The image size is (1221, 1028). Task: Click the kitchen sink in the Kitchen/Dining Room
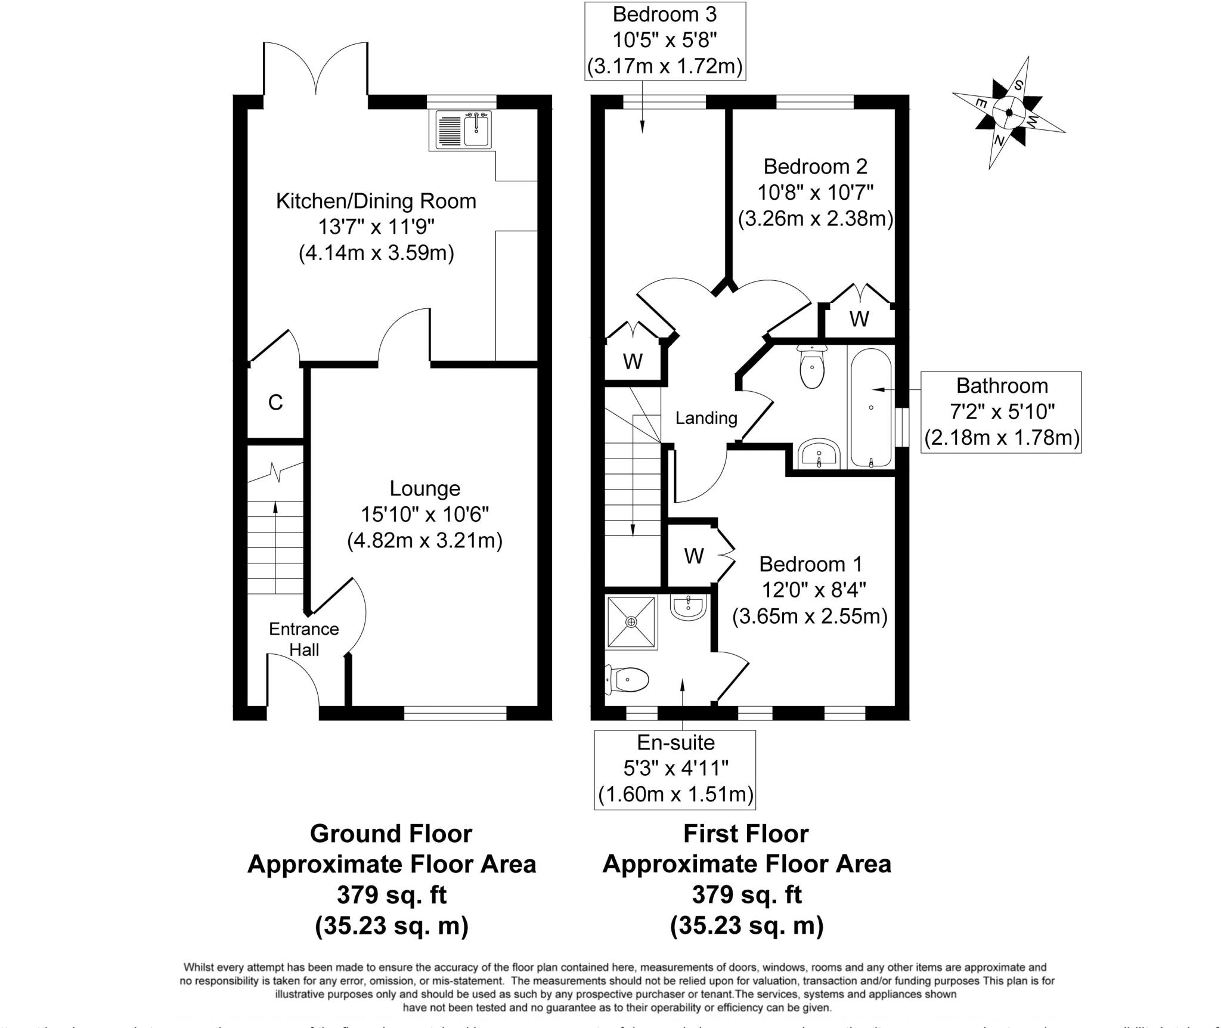[x=463, y=131]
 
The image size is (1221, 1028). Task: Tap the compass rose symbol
[x=1009, y=113]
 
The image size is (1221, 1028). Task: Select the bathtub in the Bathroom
[x=870, y=408]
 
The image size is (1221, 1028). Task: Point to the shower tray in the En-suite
[x=631, y=622]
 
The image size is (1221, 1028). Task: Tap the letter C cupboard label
[x=275, y=403]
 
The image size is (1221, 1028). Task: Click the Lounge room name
[x=424, y=488]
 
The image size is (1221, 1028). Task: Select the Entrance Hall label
[x=303, y=639]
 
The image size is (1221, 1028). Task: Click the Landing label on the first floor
[x=706, y=418]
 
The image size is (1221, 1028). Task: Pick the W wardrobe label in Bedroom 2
[x=859, y=320]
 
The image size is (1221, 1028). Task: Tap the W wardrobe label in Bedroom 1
[x=693, y=556]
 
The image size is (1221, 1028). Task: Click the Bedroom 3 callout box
[x=665, y=41]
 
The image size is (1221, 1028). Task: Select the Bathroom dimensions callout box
[x=1001, y=412]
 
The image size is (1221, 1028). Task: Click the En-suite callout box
[x=675, y=769]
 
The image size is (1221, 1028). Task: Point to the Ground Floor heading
[x=391, y=834]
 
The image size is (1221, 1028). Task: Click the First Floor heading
[x=746, y=834]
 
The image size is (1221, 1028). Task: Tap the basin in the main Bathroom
[x=819, y=454]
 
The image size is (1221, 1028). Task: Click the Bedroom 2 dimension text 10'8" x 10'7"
[x=815, y=193]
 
